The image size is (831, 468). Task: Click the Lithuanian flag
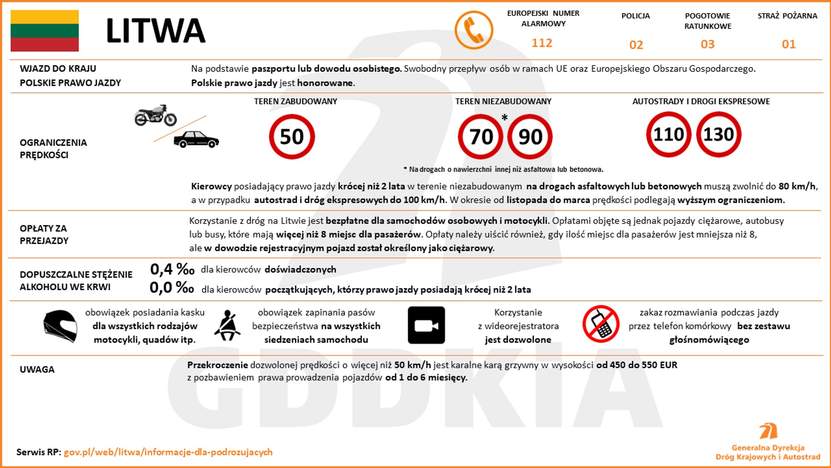[x=45, y=31]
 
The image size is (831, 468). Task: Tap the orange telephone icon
[x=474, y=30]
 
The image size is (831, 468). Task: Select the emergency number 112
[x=542, y=43]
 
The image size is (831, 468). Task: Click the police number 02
[x=636, y=45]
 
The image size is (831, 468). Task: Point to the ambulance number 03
[x=708, y=44]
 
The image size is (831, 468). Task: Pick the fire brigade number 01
[x=789, y=44]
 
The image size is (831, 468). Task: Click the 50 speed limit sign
[x=292, y=137]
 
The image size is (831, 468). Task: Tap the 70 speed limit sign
[x=480, y=137]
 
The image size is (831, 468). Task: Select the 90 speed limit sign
[x=530, y=137]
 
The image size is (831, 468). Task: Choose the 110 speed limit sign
[x=668, y=134]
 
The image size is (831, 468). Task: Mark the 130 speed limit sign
[x=719, y=134]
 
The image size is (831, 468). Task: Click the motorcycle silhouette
[x=156, y=115]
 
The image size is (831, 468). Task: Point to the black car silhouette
[x=196, y=139]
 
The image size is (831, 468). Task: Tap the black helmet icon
[x=61, y=326]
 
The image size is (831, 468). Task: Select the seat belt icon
[x=228, y=326]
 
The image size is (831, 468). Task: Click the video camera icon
[x=426, y=326]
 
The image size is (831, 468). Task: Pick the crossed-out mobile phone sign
[x=601, y=324]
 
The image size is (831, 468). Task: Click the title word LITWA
[x=156, y=31]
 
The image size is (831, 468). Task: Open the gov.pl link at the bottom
[x=168, y=452]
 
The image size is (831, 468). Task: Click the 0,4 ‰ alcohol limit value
[x=172, y=269]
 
